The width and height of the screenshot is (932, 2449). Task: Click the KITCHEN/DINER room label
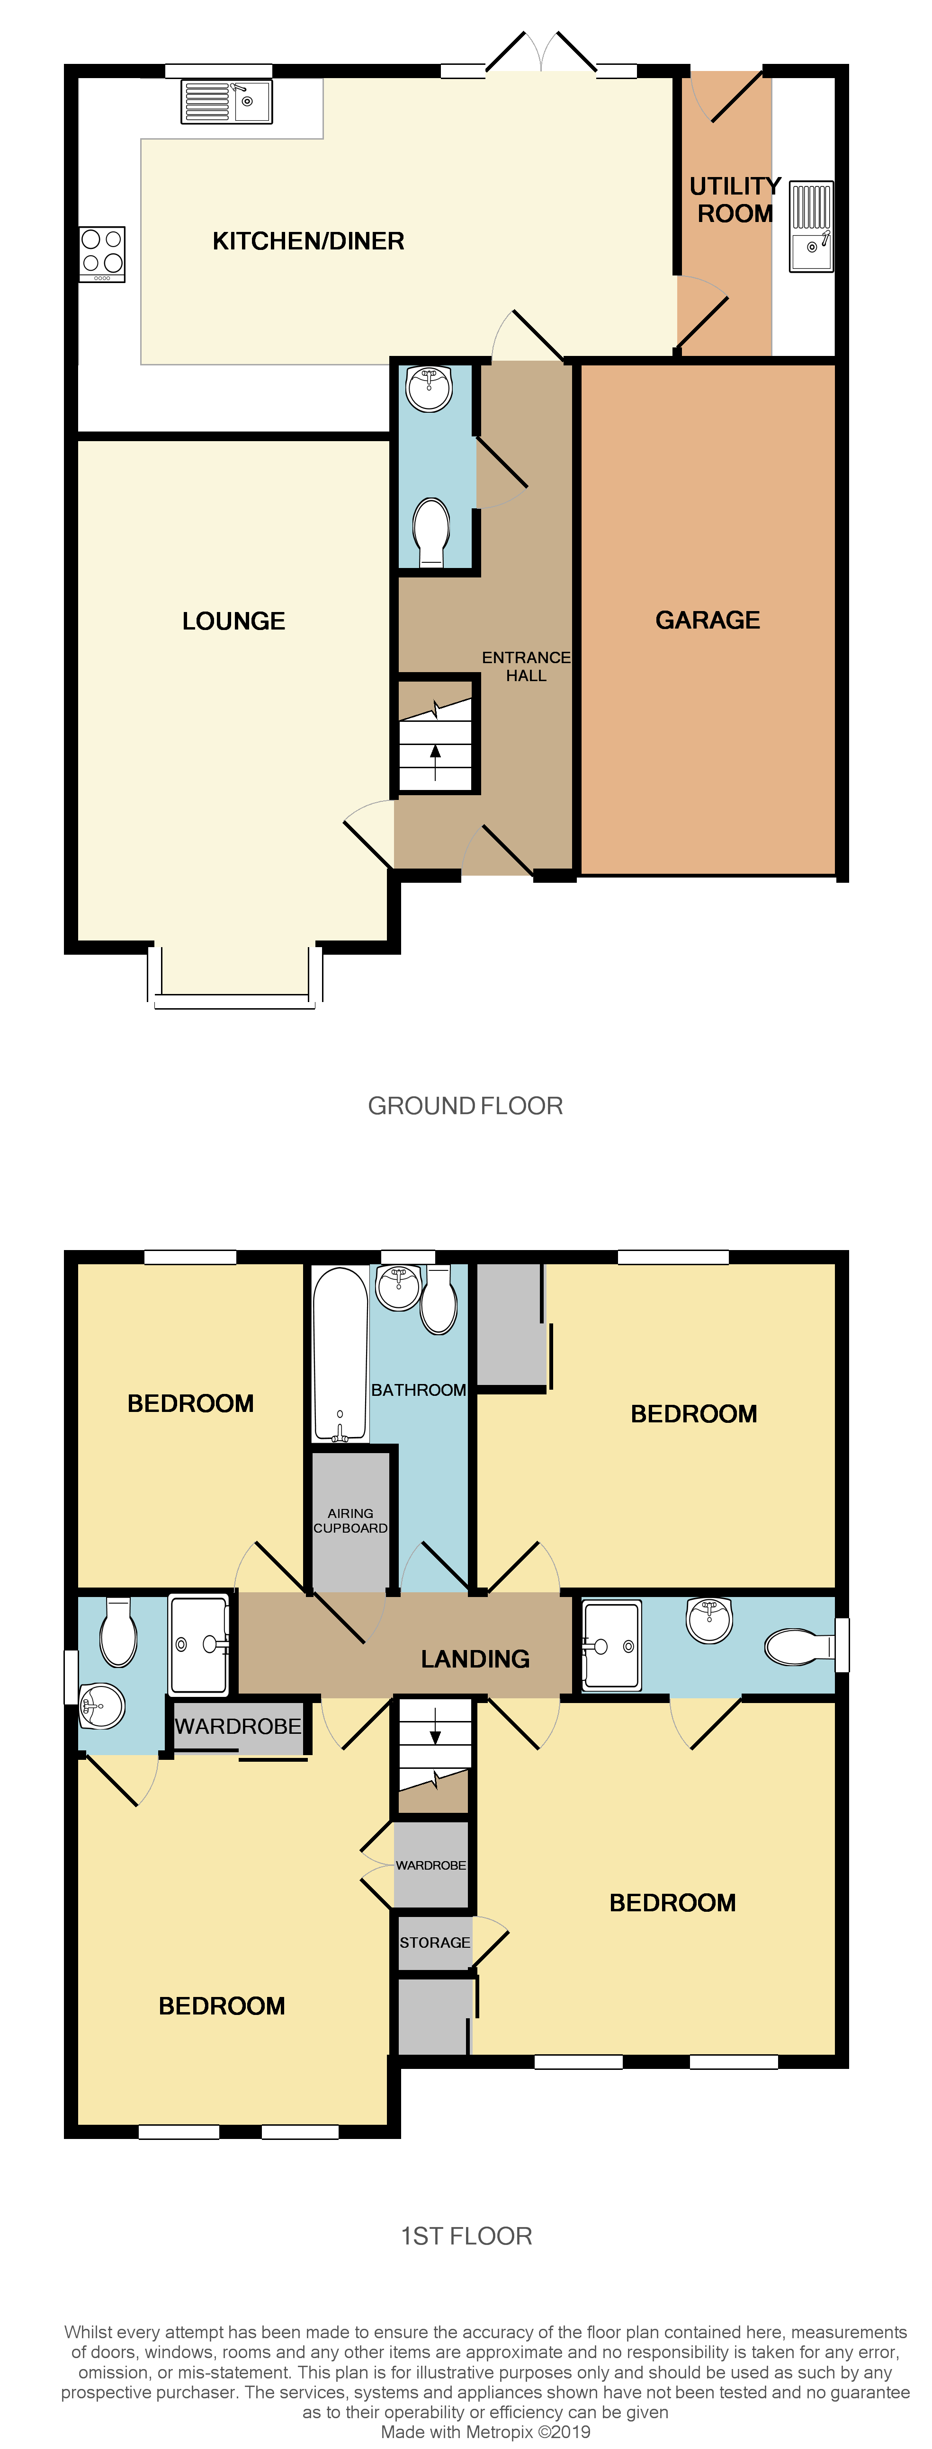(x=308, y=241)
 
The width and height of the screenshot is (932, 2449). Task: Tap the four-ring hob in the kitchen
(x=102, y=253)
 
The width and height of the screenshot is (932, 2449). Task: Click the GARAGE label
(x=708, y=620)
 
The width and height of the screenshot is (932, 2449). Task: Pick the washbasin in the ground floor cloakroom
(x=429, y=388)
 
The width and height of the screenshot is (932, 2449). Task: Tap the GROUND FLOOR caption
(x=465, y=1106)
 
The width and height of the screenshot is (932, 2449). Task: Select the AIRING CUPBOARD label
(x=350, y=1520)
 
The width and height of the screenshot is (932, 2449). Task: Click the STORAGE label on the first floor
(x=435, y=1942)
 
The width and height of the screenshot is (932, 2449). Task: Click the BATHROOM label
(x=419, y=1390)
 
